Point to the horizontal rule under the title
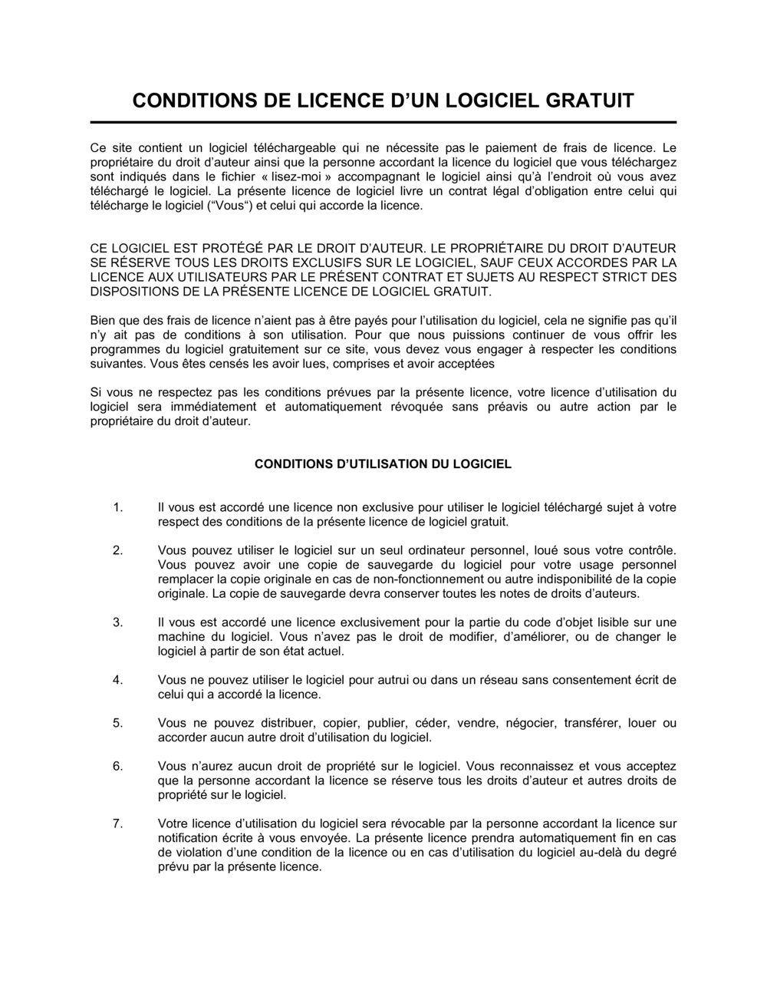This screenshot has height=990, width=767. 383,122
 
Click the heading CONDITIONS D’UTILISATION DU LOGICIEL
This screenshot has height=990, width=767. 383,464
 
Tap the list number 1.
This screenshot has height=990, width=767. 117,507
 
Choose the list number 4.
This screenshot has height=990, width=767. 117,680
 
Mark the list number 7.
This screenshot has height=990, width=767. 117,823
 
